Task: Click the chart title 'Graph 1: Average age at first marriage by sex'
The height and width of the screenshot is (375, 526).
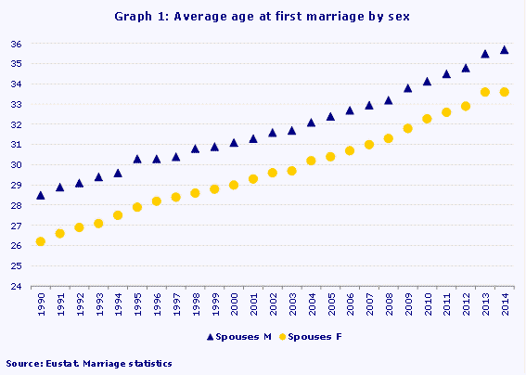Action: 263,16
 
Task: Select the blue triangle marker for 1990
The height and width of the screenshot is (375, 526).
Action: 40,195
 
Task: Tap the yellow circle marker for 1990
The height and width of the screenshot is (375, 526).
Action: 40,241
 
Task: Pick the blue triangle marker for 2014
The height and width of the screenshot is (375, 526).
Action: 505,50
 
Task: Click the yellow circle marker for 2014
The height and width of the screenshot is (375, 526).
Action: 505,92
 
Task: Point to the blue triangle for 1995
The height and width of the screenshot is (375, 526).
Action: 137,159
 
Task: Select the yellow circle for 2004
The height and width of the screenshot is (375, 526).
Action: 311,161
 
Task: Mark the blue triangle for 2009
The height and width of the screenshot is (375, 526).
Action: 407,88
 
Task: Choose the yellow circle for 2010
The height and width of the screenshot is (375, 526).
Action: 427,119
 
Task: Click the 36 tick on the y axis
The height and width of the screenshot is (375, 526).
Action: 16,44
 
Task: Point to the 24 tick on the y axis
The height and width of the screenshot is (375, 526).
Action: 16,287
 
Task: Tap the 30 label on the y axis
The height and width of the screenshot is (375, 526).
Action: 16,165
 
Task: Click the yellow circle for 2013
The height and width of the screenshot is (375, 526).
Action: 485,92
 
